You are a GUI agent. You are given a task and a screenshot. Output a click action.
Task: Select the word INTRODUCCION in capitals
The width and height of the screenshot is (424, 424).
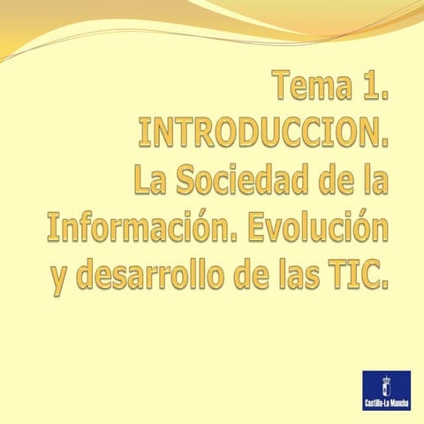(264, 134)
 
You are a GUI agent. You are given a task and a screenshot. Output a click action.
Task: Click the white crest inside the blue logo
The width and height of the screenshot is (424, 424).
(385, 385)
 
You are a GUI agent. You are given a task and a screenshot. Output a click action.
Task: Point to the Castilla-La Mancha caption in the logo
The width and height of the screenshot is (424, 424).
(385, 405)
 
